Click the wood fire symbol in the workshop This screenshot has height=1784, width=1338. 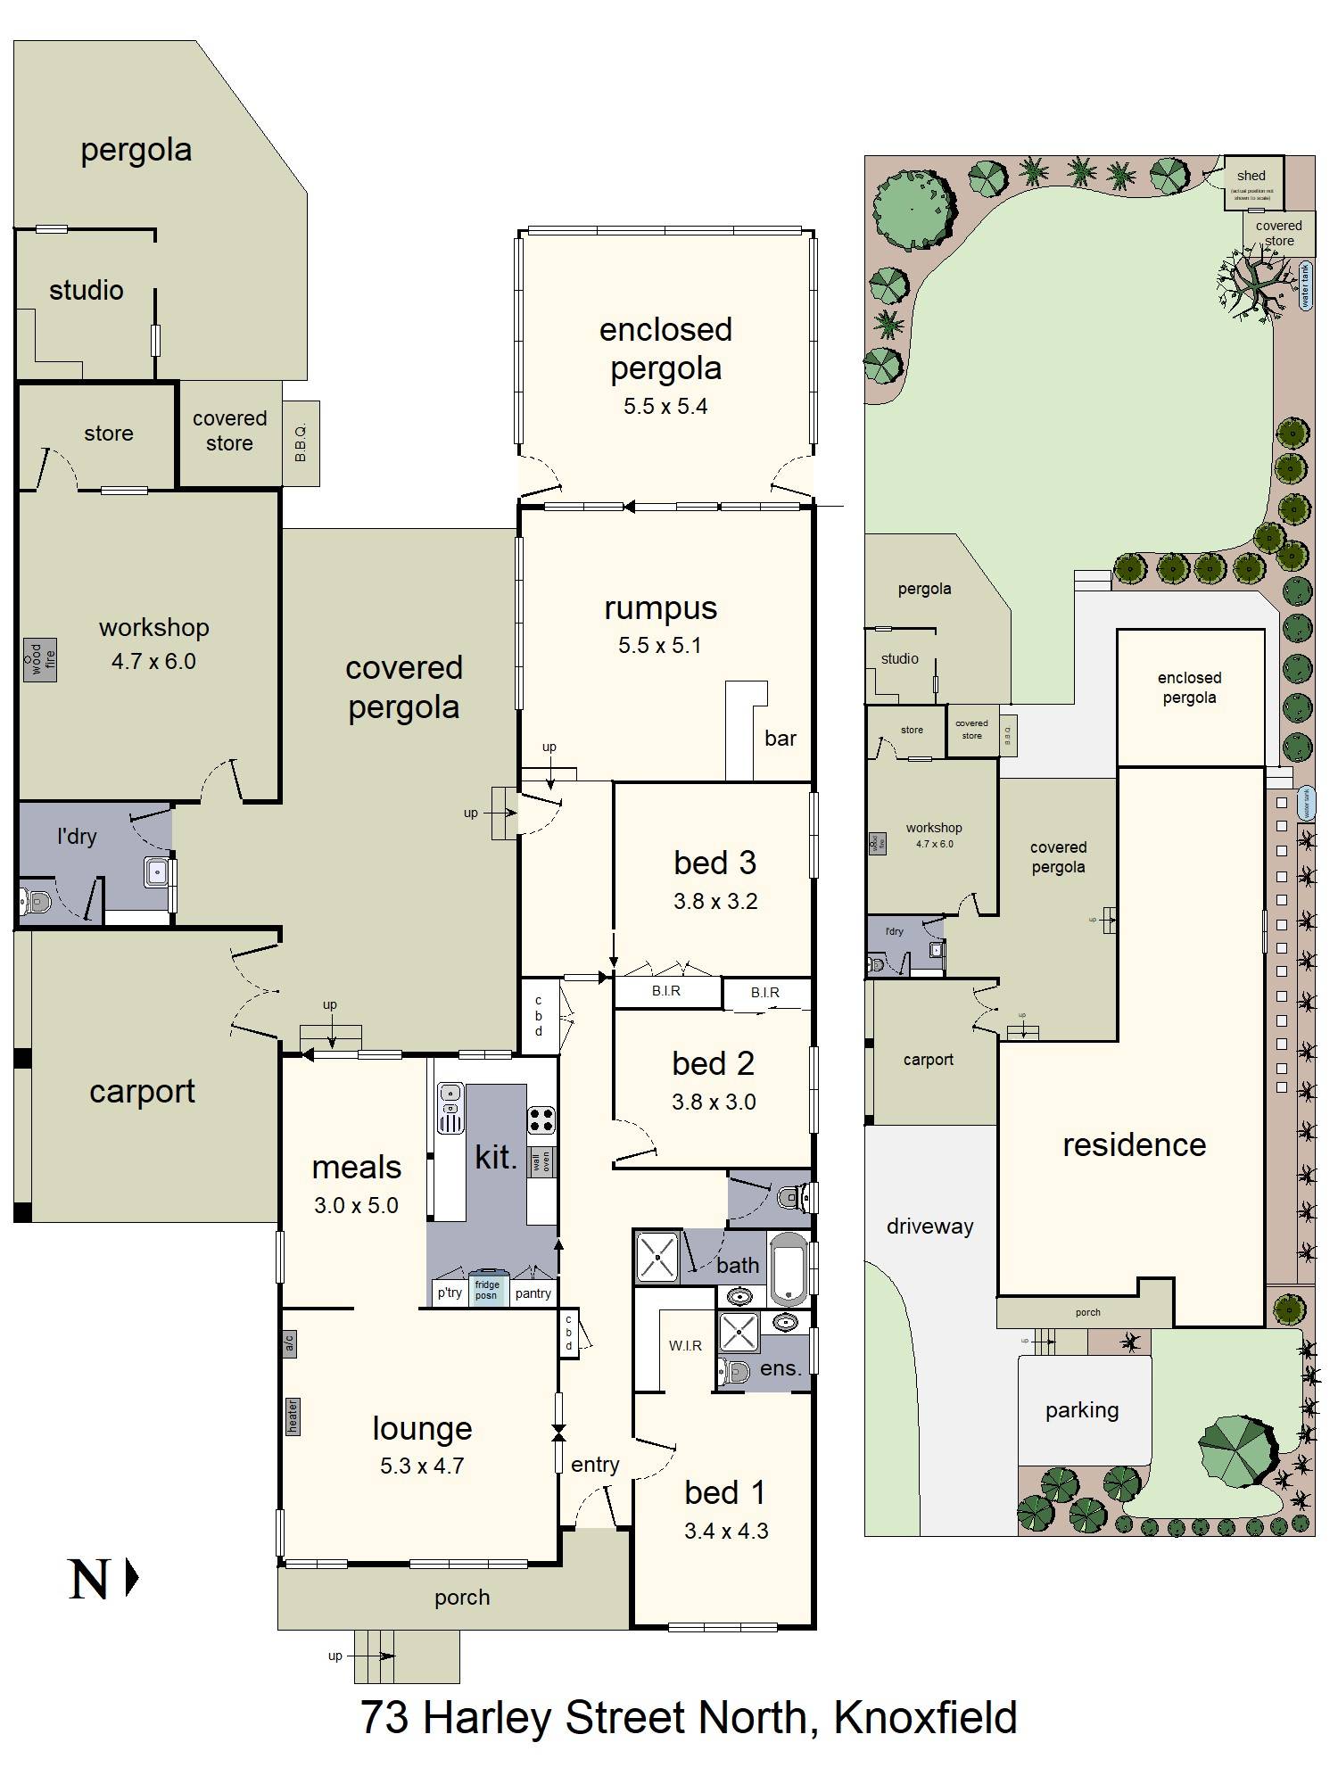(40, 659)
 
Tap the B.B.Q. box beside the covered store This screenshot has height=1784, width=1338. (301, 443)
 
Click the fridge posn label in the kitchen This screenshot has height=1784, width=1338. (486, 1290)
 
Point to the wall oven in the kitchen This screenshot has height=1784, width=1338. (541, 1162)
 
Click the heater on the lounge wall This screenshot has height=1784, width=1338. (292, 1416)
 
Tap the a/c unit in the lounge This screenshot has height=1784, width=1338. (289, 1343)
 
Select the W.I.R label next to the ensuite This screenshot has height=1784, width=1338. (685, 1345)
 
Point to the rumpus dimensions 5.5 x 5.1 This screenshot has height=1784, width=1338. (660, 646)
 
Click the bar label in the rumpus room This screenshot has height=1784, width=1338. (780, 738)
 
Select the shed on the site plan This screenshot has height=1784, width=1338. (1251, 183)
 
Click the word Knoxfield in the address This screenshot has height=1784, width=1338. (925, 1718)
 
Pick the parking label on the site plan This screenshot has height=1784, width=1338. (1081, 1410)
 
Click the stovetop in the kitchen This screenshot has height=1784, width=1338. (541, 1119)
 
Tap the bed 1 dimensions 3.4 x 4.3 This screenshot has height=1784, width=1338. (725, 1532)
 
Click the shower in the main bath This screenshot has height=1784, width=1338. (657, 1257)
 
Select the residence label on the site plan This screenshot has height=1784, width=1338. (1134, 1144)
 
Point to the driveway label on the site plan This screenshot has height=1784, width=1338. (929, 1226)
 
